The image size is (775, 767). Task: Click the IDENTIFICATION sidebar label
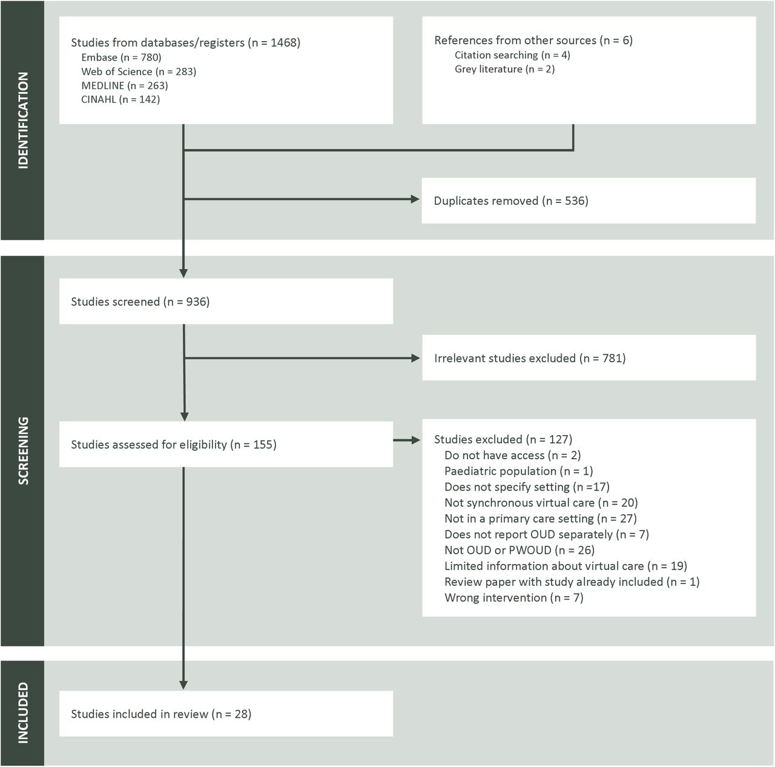click(23, 121)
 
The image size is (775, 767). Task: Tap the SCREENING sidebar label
click(23, 451)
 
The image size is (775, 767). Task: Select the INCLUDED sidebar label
click(23, 712)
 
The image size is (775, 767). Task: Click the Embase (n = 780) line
click(121, 58)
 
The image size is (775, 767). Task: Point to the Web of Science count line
click(139, 71)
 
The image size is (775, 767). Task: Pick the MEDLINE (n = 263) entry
click(125, 86)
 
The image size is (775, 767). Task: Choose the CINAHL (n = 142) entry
click(120, 99)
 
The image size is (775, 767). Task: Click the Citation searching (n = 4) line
click(512, 55)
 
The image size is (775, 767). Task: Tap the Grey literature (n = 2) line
click(505, 69)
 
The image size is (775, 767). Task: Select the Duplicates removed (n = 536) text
click(511, 201)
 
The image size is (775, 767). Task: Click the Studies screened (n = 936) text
click(140, 302)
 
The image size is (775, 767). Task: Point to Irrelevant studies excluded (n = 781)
click(530, 358)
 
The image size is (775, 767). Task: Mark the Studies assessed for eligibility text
click(174, 445)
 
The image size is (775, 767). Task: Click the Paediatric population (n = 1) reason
click(519, 471)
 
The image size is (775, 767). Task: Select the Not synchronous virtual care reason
click(541, 503)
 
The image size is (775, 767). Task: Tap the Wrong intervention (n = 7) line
click(514, 598)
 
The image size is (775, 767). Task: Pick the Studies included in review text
click(161, 714)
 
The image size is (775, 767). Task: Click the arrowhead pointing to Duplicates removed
click(415, 199)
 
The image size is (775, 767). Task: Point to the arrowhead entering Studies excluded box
click(416, 440)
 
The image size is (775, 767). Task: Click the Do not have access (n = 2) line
click(513, 456)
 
